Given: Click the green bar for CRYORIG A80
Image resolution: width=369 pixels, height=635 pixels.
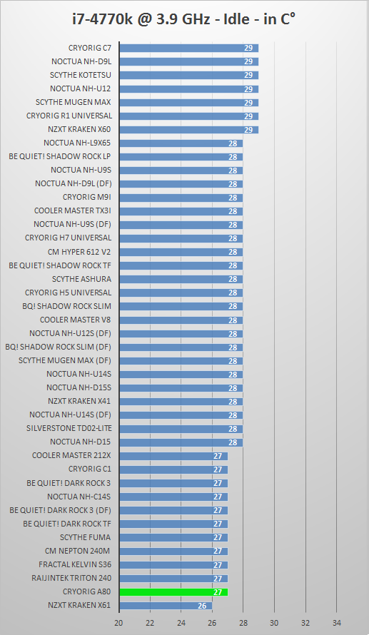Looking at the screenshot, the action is click(173, 592).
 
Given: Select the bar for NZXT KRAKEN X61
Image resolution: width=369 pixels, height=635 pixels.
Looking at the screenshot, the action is click(166, 606).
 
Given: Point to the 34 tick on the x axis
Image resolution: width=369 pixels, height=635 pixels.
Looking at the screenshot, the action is click(337, 622).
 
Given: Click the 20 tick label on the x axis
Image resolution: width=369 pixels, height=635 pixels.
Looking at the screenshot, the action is click(119, 622).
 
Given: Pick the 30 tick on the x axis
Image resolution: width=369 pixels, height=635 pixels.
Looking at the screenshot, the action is click(275, 622).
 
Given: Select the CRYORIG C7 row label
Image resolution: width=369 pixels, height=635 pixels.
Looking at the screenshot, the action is click(89, 48).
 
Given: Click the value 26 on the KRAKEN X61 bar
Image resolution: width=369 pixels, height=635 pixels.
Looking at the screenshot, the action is click(202, 606).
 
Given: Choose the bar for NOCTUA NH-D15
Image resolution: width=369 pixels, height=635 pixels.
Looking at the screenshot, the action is click(181, 442).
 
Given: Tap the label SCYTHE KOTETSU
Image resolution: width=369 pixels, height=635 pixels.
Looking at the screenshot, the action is click(80, 75).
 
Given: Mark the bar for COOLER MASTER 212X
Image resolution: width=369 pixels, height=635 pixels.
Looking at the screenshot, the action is click(173, 456).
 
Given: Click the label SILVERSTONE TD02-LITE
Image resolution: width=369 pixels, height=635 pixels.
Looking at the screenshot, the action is click(69, 428).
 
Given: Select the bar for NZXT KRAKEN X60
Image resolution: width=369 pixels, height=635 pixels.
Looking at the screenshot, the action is click(188, 130).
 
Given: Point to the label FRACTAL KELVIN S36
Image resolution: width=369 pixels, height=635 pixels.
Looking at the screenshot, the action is click(75, 564).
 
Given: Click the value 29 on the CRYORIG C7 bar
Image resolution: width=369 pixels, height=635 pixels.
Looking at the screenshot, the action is click(248, 48).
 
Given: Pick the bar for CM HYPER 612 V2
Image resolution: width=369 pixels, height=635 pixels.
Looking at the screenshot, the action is click(181, 252).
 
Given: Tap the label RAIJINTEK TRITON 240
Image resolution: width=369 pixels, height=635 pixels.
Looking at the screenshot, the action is click(71, 578).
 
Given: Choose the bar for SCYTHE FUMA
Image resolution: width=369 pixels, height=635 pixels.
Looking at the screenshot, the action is click(173, 538).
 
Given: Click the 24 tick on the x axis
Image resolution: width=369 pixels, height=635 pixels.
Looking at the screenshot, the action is click(181, 622).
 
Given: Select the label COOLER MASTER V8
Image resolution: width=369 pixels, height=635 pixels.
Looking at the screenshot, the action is click(75, 320).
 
